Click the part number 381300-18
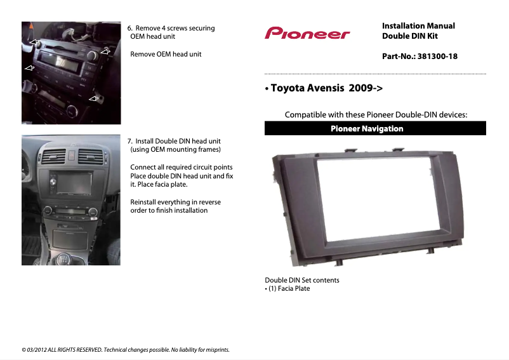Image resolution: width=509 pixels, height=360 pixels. [436, 57]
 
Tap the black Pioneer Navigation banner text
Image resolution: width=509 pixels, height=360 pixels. [367, 129]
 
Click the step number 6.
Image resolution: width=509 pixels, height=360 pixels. [129, 29]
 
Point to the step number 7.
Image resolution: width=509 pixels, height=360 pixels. [129, 141]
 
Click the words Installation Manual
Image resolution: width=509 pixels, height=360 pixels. [418, 26]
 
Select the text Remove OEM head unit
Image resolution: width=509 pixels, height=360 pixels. [166, 55]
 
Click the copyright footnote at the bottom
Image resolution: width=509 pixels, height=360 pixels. [126, 349]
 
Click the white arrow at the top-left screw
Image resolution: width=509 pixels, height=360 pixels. [34, 42]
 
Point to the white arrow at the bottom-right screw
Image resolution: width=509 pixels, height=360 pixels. [94, 98]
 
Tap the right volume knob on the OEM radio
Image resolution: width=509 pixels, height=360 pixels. [93, 57]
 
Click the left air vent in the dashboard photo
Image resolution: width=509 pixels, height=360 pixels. [54, 154]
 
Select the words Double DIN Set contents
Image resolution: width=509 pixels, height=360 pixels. [302, 280]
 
